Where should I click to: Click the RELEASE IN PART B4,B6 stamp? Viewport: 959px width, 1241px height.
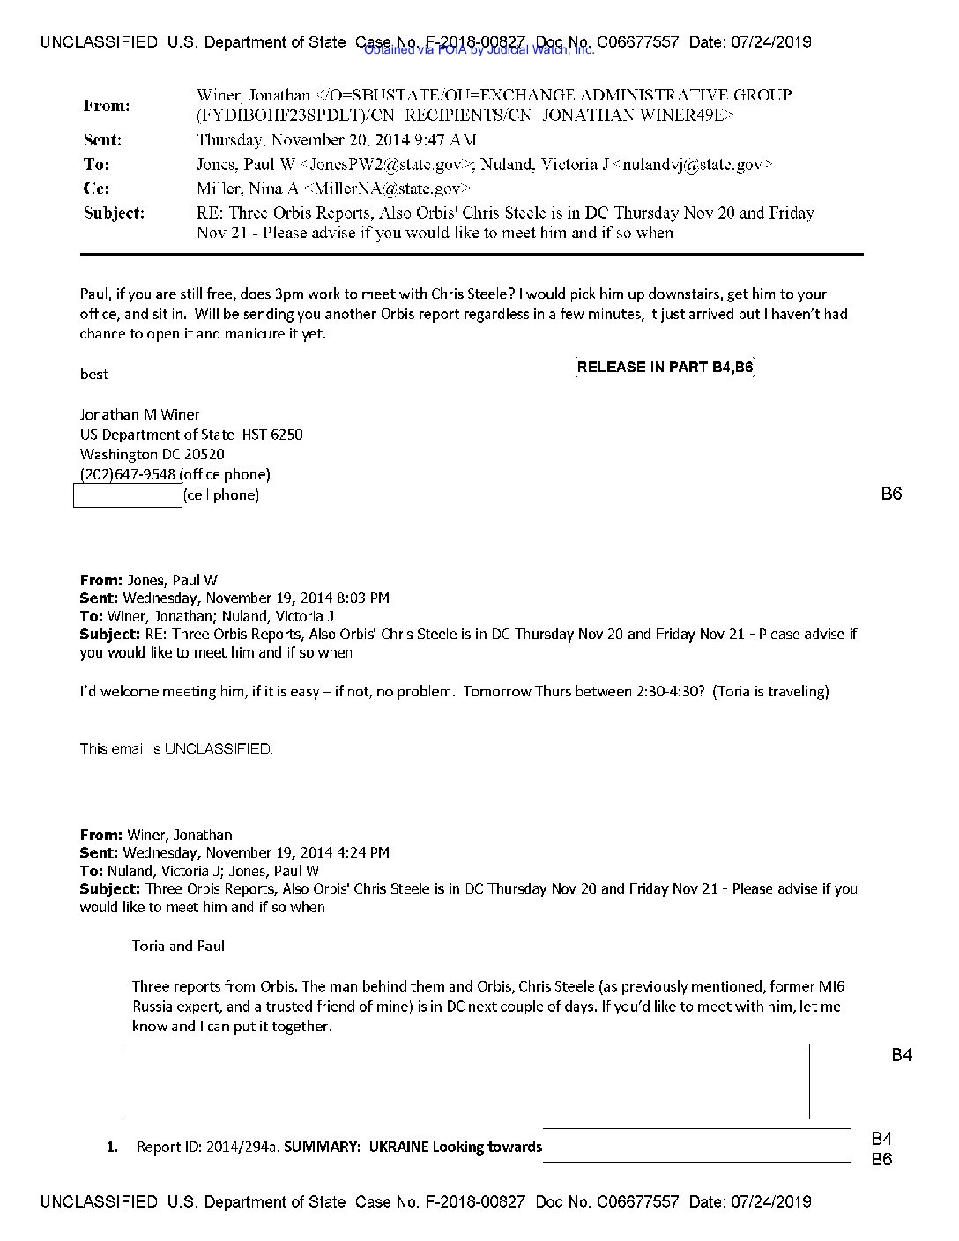click(665, 368)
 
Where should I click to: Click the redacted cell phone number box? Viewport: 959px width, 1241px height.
click(128, 495)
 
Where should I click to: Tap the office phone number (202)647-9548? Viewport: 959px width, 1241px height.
click(128, 474)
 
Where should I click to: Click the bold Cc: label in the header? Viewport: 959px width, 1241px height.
click(96, 189)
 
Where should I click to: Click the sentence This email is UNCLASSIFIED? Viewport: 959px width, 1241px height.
click(176, 749)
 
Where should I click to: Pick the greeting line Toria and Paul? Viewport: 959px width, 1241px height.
click(178, 946)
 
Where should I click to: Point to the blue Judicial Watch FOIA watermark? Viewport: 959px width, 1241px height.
click(479, 50)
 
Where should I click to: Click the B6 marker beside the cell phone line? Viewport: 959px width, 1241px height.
click(891, 494)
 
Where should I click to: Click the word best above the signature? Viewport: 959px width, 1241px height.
click(93, 374)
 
